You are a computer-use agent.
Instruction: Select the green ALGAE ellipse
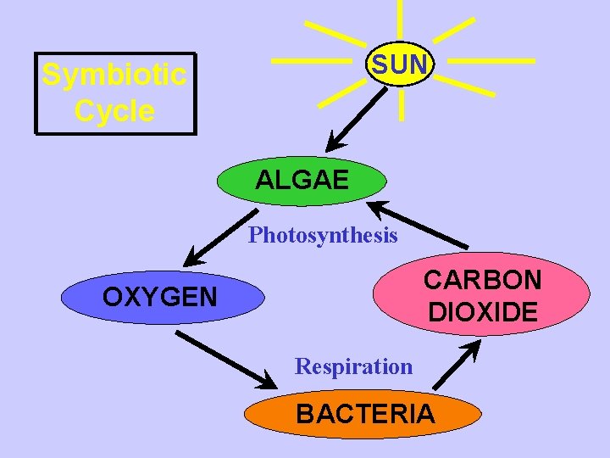(302, 181)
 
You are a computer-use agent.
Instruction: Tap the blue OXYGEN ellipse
(159, 297)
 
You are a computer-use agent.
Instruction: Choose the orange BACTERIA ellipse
(364, 414)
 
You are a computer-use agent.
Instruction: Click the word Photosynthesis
(323, 235)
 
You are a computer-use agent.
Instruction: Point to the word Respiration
(353, 366)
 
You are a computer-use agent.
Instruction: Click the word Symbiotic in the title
(114, 75)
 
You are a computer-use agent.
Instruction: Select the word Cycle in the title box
(114, 111)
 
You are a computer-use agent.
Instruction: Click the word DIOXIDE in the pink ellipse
(483, 311)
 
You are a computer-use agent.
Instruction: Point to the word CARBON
(483, 280)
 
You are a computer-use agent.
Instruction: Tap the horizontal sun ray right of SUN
(491, 61)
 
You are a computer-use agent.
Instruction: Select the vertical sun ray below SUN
(401, 105)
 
